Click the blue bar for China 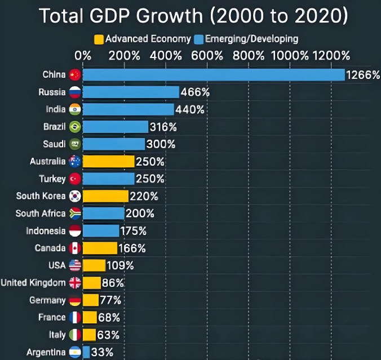(x=214, y=75)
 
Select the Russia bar (x=131, y=92)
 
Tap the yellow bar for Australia (x=109, y=162)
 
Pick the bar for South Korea (x=105, y=196)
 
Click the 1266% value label (x=363, y=75)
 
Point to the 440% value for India (x=189, y=110)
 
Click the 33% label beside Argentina (x=102, y=353)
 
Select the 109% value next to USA (x=121, y=265)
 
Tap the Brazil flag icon (x=75, y=127)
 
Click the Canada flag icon (x=75, y=248)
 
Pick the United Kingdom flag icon (x=75, y=283)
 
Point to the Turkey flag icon (x=75, y=179)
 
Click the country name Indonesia (x=46, y=230)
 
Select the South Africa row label (x=41, y=214)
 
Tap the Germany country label (x=47, y=300)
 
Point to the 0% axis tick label (x=83, y=56)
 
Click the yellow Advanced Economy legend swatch (x=99, y=39)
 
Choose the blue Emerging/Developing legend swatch (x=198, y=39)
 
